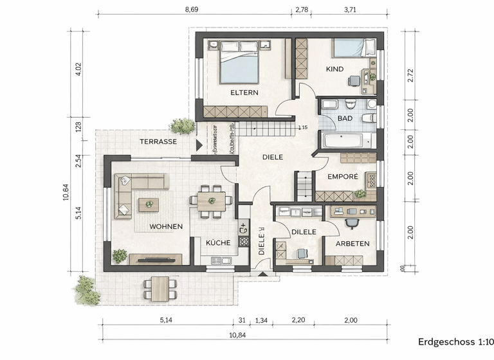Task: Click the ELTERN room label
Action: [x=244, y=93]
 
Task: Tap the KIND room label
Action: [x=334, y=69]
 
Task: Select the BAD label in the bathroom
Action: [x=345, y=119]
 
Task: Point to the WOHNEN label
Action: [x=166, y=226]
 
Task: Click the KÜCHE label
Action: [x=218, y=243]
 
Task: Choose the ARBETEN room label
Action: [x=352, y=243]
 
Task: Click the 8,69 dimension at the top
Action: [x=192, y=10]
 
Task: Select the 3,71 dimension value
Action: [x=351, y=10]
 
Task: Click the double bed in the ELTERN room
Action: [x=239, y=62]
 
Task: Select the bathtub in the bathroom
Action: [x=347, y=141]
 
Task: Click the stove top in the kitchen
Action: [x=244, y=241]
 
